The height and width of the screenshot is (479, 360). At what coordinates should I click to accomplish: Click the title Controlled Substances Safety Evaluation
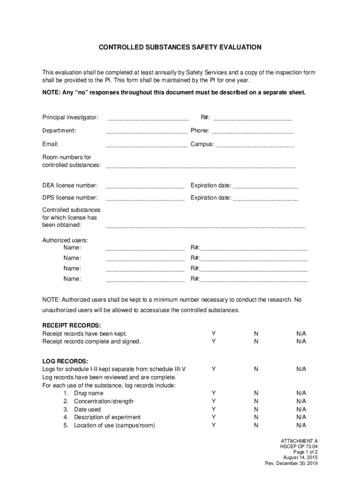(180, 47)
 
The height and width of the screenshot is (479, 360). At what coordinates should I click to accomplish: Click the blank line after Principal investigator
(148, 118)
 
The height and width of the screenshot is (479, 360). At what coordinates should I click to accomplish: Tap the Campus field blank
(255, 145)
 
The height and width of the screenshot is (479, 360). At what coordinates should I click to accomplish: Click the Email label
(50, 144)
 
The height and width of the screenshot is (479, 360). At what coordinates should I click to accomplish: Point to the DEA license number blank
(145, 187)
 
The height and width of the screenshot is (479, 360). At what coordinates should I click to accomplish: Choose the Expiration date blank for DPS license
(265, 199)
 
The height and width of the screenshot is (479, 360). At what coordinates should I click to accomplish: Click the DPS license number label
(70, 197)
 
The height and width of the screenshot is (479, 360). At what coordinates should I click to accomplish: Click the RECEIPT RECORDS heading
(72, 325)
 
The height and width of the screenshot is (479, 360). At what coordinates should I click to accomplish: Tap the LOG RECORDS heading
(65, 361)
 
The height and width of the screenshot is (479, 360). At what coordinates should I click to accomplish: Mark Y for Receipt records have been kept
(214, 334)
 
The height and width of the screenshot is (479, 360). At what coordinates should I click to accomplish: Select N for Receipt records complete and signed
(256, 341)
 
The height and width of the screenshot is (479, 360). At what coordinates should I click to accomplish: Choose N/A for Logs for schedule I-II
(301, 369)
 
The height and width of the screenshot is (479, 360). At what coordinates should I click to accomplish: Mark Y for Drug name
(214, 393)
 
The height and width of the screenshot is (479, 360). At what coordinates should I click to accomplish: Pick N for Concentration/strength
(256, 401)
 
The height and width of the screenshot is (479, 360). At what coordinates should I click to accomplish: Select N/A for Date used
(301, 409)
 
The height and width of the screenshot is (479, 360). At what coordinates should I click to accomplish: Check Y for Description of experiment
(214, 417)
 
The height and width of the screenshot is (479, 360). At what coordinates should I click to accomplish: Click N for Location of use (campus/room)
(256, 425)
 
